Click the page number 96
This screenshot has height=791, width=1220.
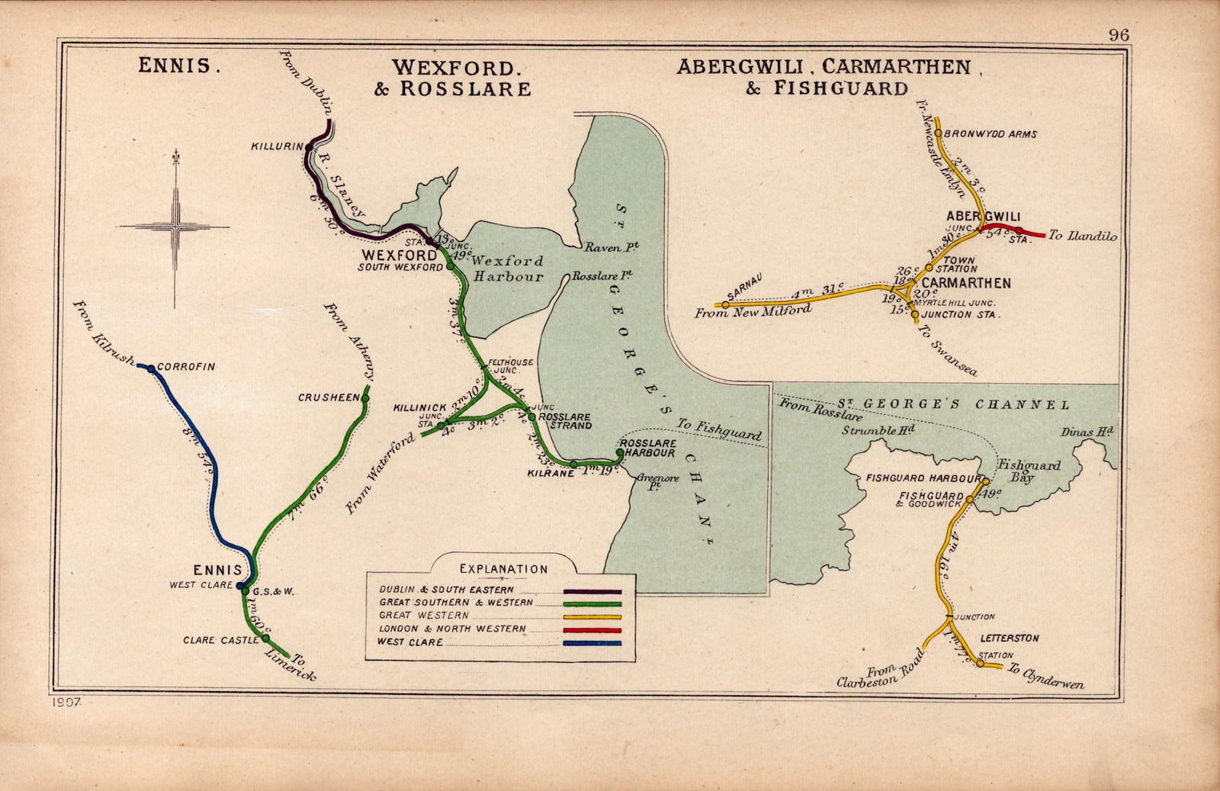coord(1119,34)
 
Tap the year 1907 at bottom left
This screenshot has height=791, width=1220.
coord(68,700)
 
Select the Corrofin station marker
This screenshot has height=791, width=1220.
coord(150,368)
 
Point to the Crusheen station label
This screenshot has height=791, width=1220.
coord(328,397)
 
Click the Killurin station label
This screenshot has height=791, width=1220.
coord(278,146)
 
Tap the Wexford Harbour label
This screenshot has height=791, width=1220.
coord(509,268)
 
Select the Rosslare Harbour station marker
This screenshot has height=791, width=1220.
coord(619,452)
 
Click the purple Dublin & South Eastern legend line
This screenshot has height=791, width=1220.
coord(592,591)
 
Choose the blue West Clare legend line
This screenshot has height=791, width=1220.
coord(592,643)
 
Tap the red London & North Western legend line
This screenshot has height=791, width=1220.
coord(592,630)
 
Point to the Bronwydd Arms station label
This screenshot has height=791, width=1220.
coord(990,134)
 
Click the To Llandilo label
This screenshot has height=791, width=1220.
coord(1082,236)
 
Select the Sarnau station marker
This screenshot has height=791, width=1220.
coord(725,305)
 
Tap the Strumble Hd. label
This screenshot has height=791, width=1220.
coord(878,430)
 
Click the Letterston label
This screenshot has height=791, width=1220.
coord(1010,638)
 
